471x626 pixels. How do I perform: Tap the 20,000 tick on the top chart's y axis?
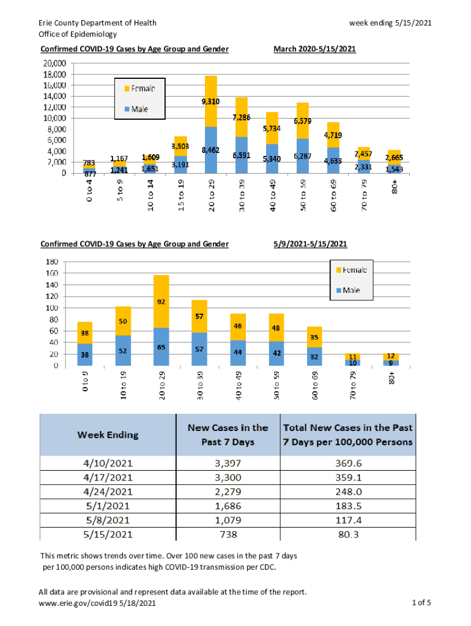coord(54,63)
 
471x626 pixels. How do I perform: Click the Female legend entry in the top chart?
coord(139,87)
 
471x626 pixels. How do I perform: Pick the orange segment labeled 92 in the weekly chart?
coord(161,301)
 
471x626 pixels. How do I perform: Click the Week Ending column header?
coord(108,435)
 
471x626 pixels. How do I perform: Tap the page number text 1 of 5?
coord(423,603)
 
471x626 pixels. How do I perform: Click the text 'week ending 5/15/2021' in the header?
coord(390,23)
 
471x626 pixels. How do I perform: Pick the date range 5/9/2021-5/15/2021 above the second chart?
coord(310,244)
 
